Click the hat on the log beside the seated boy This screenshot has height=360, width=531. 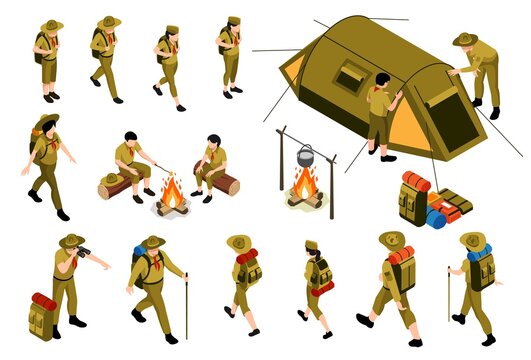click(x=112, y=178)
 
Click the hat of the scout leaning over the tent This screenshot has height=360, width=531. click(x=465, y=39)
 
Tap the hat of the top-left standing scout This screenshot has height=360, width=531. click(x=51, y=25)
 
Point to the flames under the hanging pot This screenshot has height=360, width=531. click(x=304, y=185)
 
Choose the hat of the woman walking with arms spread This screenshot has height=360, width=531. click(x=47, y=121)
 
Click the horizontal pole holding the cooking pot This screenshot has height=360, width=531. click(x=305, y=140)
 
